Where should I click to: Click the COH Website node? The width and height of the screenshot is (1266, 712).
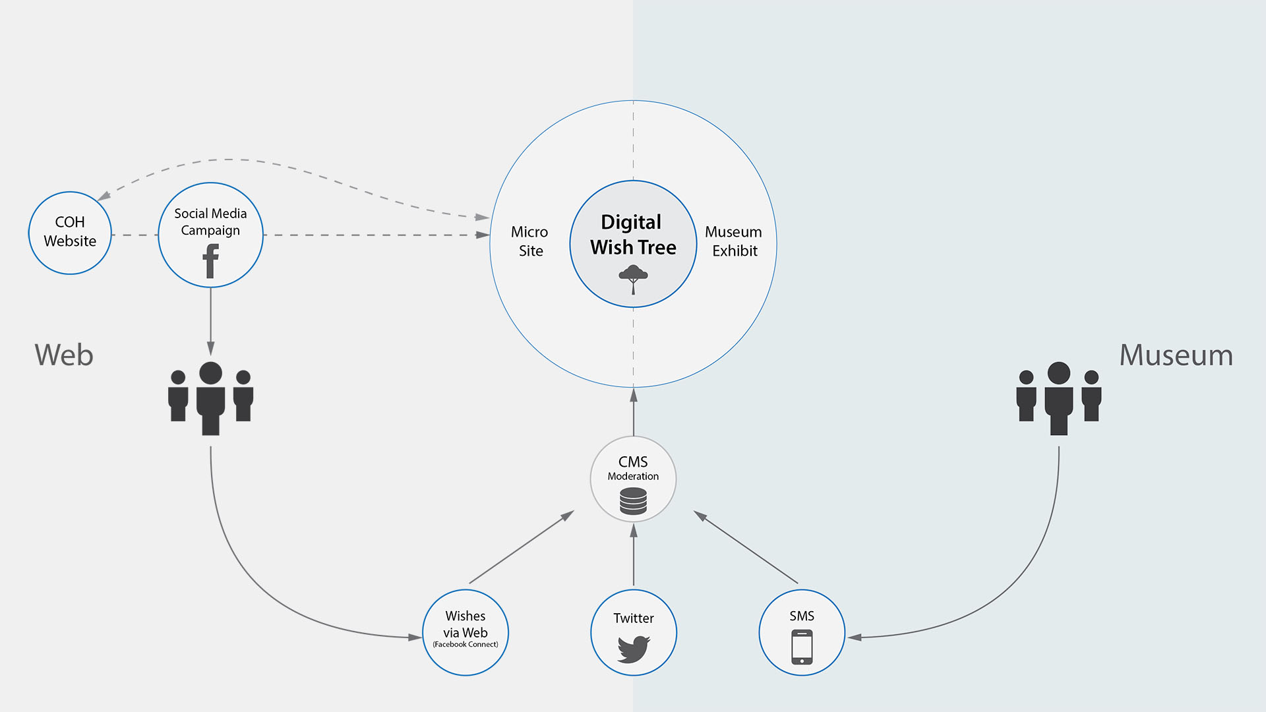[x=70, y=233]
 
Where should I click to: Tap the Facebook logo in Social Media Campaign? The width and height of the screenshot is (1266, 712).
[x=211, y=261]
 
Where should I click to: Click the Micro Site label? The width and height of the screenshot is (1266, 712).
[x=530, y=241]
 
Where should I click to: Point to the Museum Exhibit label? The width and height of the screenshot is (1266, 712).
[x=734, y=241]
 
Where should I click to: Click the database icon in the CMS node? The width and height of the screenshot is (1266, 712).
[x=634, y=501]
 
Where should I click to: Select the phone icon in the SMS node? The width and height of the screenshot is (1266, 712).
[x=802, y=647]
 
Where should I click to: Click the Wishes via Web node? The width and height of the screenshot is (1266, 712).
[x=466, y=633]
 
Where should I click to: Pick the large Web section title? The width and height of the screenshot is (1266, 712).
[x=64, y=355]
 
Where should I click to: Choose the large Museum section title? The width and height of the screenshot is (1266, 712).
[x=1176, y=355]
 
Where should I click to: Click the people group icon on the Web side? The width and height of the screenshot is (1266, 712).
[x=211, y=398]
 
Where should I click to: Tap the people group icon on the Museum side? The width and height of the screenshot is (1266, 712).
[x=1059, y=398]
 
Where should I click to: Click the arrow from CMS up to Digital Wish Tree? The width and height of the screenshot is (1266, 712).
[x=634, y=412]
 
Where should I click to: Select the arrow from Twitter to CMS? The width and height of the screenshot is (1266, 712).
[x=634, y=555]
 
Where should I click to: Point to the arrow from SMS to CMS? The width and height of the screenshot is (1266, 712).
[x=746, y=547]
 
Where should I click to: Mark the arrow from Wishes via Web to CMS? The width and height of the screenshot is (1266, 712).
[x=522, y=547]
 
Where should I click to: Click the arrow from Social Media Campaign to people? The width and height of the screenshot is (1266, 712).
[x=211, y=322]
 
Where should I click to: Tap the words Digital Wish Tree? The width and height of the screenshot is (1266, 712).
[x=633, y=235]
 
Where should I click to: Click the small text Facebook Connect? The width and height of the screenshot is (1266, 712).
[x=466, y=645]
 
